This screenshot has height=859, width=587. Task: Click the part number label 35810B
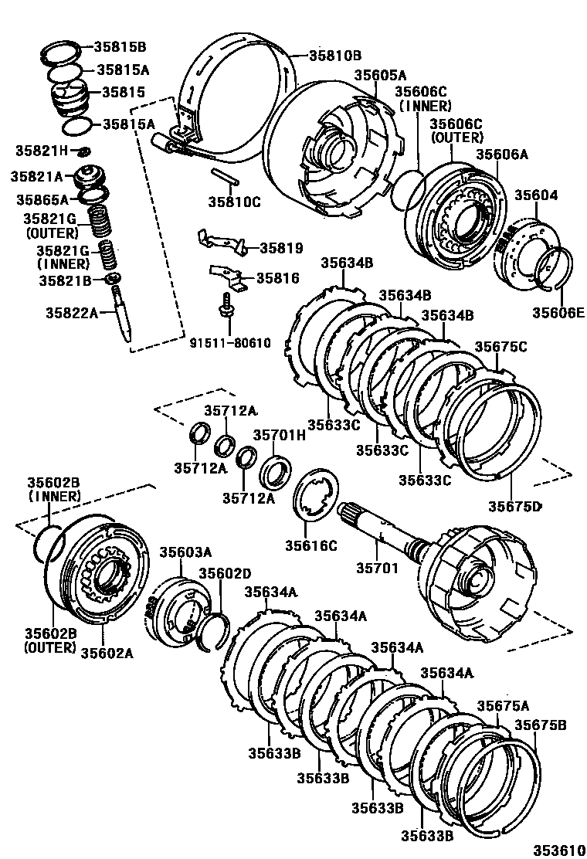335,55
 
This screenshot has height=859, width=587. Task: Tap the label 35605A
380,75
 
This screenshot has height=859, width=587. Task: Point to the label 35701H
280,434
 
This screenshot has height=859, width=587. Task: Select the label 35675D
514,507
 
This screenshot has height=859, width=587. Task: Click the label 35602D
225,573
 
